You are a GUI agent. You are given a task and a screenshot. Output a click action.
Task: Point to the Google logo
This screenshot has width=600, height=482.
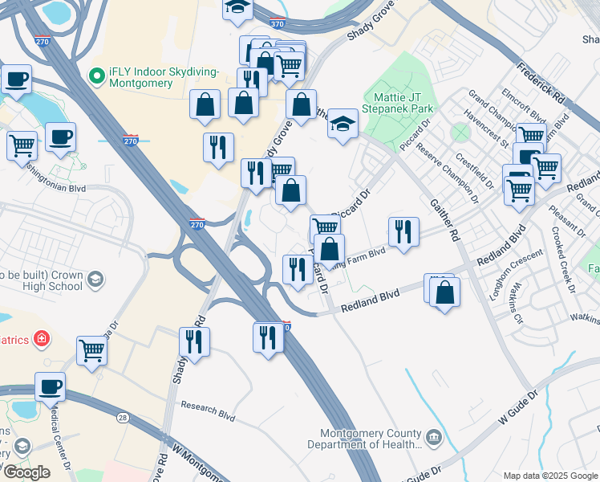(x=26, y=472)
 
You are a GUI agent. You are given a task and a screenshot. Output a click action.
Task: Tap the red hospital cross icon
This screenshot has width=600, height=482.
(x=40, y=340)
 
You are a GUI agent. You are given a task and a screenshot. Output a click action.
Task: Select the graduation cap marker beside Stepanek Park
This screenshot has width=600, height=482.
(x=343, y=125)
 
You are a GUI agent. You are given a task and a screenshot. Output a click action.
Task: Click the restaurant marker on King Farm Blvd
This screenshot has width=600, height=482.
(x=403, y=231)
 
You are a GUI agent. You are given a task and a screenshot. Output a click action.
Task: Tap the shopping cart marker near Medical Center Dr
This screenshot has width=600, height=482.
(x=92, y=350)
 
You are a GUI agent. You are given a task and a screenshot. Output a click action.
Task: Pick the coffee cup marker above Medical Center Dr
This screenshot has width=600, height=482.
(x=51, y=387)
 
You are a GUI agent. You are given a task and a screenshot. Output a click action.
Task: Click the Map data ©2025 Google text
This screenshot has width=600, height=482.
(x=550, y=476)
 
